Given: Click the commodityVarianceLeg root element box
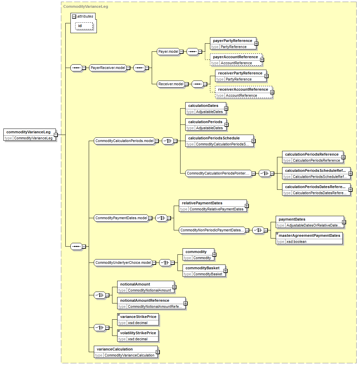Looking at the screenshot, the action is pos(30,135).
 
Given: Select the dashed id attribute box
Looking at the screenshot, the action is pos(84,26).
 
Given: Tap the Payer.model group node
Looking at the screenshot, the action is pos(168,51).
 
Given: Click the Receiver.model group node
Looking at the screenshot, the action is pos(171,84).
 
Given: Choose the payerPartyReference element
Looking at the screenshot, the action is pos(233,44).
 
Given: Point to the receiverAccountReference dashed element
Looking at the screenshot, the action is pos(243,92).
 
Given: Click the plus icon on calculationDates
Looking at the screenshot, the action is pos(226,109).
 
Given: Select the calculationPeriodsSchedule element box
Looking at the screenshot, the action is pos(219,141).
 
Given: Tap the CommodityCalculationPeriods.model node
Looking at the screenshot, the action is pos(124,141).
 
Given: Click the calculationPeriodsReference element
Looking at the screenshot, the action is pos(313,157).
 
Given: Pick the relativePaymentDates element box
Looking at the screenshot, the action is pos(213,206).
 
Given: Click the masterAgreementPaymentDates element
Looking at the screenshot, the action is pos(309,238).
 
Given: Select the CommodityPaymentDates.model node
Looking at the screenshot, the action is pos(121,218).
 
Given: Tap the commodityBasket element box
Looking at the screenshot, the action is pos(204,271).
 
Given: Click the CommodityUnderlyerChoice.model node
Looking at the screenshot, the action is pos(123,263).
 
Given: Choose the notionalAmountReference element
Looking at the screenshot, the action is pos(151,303).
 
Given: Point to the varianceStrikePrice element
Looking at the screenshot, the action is pos(138,320).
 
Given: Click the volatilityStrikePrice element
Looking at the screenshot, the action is pos(138,336).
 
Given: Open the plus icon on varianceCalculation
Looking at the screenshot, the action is pos(158,352).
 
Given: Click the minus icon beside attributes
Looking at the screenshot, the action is pos(74,17).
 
